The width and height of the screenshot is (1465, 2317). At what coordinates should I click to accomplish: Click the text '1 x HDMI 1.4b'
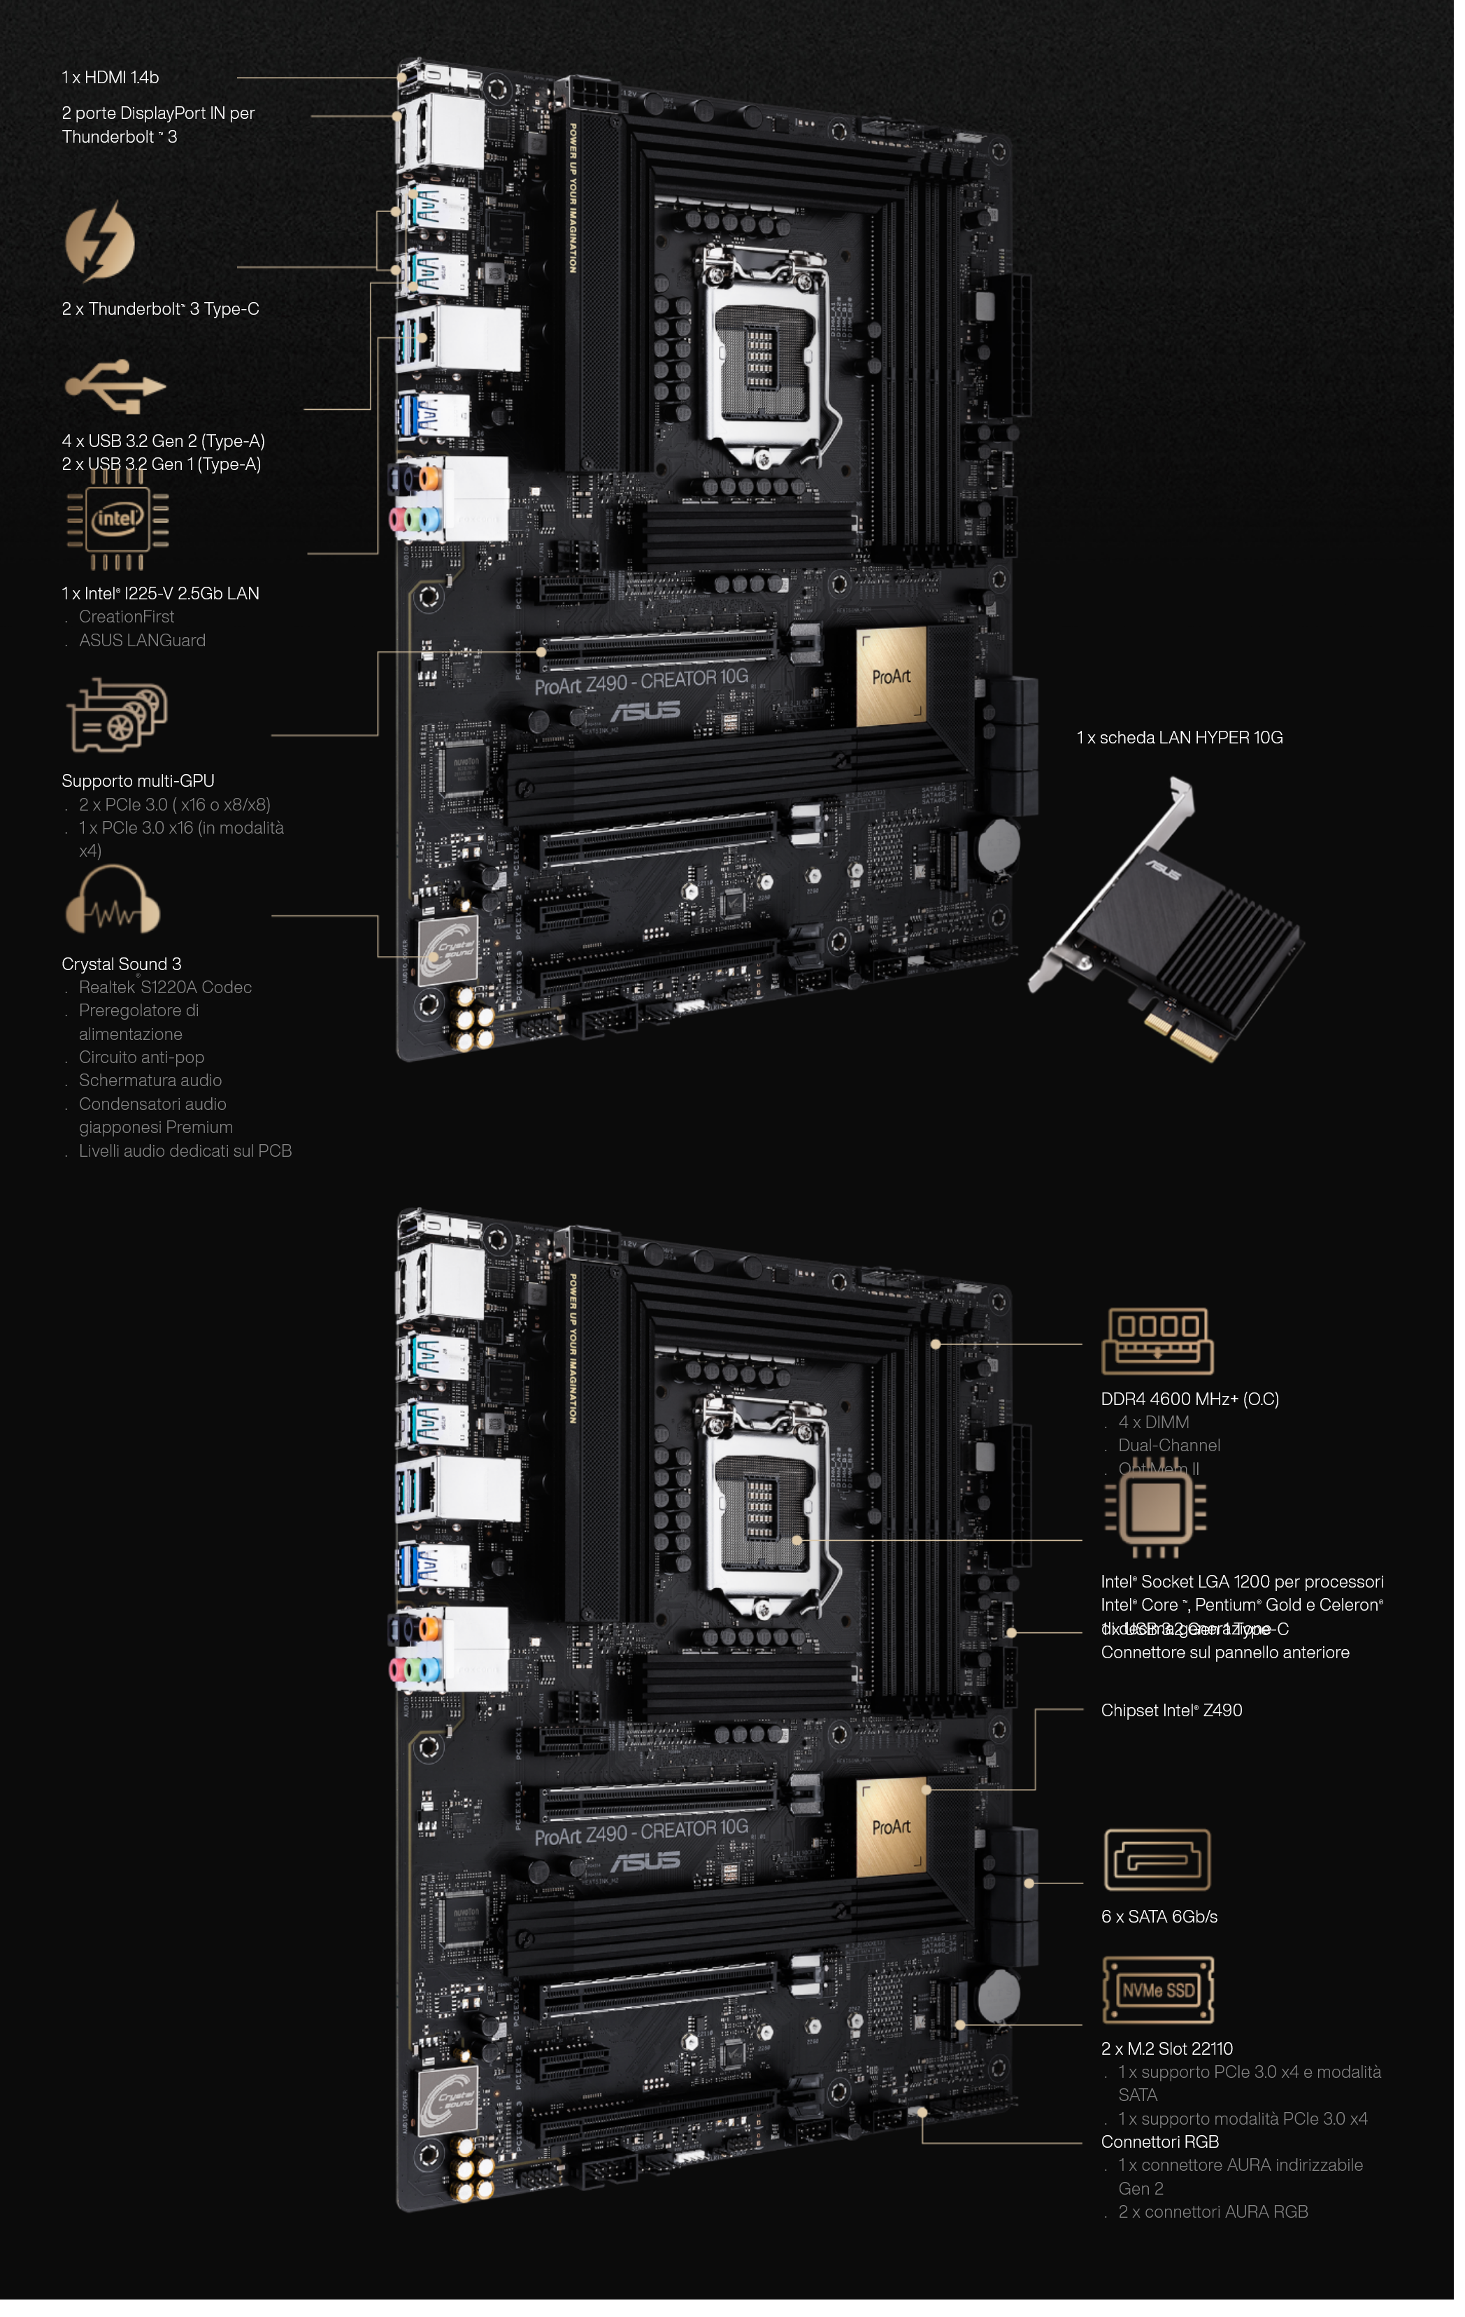[x=110, y=77]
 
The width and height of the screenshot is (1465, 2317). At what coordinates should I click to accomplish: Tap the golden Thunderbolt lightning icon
[x=100, y=241]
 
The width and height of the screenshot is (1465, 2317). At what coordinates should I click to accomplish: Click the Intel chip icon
[x=117, y=520]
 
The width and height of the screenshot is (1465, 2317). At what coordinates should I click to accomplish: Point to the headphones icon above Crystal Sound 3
[x=113, y=901]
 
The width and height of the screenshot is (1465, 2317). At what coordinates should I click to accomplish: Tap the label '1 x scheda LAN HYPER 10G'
[x=1179, y=737]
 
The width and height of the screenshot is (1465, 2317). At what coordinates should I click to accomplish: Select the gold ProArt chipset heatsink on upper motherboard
[x=891, y=676]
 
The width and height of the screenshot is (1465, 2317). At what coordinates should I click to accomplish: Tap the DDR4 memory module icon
[x=1157, y=1341]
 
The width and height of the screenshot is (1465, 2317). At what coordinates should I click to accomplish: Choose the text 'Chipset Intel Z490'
[x=1171, y=1710]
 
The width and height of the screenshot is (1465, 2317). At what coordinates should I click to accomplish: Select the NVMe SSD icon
[x=1157, y=1990]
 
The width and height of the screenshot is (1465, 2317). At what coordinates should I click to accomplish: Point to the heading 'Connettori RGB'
[x=1159, y=2141]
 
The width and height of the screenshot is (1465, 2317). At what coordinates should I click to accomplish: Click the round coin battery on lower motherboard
[x=999, y=1997]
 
